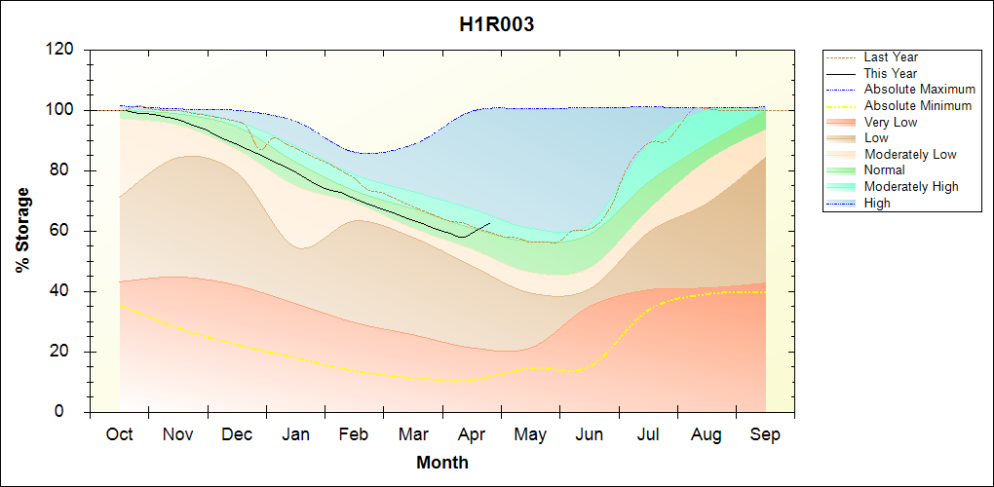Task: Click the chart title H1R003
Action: coord(496,25)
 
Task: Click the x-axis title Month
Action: coord(441,463)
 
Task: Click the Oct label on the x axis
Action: coord(119,434)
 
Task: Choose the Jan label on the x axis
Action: coord(295,434)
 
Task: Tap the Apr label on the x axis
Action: coord(472,434)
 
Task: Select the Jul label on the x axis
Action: coord(648,434)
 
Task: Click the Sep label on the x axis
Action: coord(765,434)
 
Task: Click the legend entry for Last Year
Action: coord(891,57)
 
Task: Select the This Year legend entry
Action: coord(891,73)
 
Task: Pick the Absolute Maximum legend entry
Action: coord(919,90)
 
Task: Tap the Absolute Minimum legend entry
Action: coord(918,105)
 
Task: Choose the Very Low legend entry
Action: coord(891,122)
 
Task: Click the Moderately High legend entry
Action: coord(911,186)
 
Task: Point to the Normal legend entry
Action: coord(885,170)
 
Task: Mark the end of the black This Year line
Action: coord(489,223)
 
